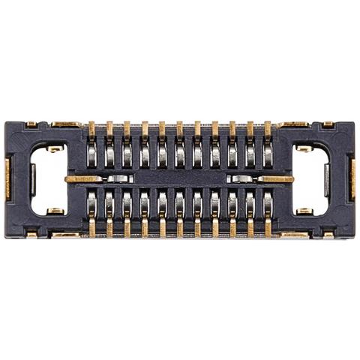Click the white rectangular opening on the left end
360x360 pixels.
click(48, 179)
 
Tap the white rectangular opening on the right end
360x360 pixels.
click(310, 179)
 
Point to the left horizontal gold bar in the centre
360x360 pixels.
click(84, 179)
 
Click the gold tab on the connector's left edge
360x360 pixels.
click(8, 178)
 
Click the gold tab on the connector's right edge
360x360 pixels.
click(351, 178)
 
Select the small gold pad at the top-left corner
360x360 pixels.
click(31, 124)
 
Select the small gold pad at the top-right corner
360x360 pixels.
click(328, 124)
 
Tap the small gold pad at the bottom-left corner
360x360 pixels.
click(31, 234)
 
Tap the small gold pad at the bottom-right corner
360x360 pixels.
click(328, 234)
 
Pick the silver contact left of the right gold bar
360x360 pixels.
click(241, 179)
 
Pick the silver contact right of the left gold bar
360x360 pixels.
click(118, 179)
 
